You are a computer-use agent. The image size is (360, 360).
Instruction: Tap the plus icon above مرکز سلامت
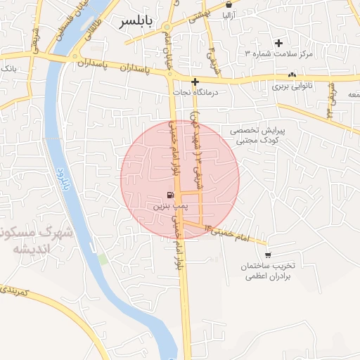point(279,44)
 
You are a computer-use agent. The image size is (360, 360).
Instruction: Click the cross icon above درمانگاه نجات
point(195,82)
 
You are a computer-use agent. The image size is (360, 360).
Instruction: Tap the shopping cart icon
point(268,255)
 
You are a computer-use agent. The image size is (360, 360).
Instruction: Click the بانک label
point(8,69)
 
